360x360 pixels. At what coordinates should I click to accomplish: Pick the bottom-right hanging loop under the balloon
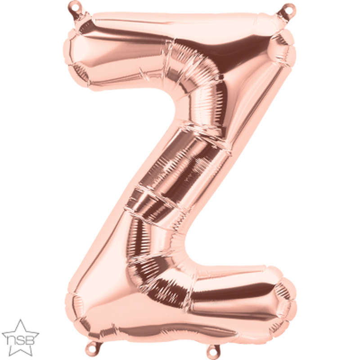[x=213, y=351]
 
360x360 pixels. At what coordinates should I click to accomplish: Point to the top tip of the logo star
[x=21, y=319]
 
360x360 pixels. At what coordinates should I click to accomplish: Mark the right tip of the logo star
[x=39, y=332]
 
